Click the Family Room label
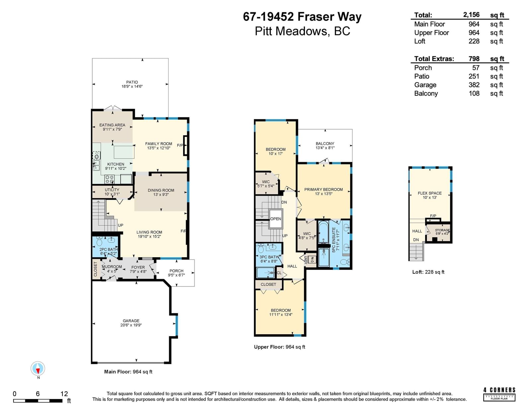(159, 144)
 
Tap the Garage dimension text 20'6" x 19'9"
(131, 325)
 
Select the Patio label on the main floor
(132, 82)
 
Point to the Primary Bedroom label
(324, 190)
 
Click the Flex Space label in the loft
(430, 193)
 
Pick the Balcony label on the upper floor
(325, 144)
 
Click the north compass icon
(38, 368)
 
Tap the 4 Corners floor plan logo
(499, 394)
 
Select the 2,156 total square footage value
(471, 15)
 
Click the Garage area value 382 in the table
(474, 85)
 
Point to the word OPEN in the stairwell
(276, 219)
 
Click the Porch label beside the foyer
(177, 271)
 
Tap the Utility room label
(112, 190)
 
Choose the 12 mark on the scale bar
(64, 394)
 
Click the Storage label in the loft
(442, 230)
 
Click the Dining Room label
(161, 190)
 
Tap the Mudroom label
(112, 267)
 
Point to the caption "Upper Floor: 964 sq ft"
(279, 347)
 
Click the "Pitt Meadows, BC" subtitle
(303, 31)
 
